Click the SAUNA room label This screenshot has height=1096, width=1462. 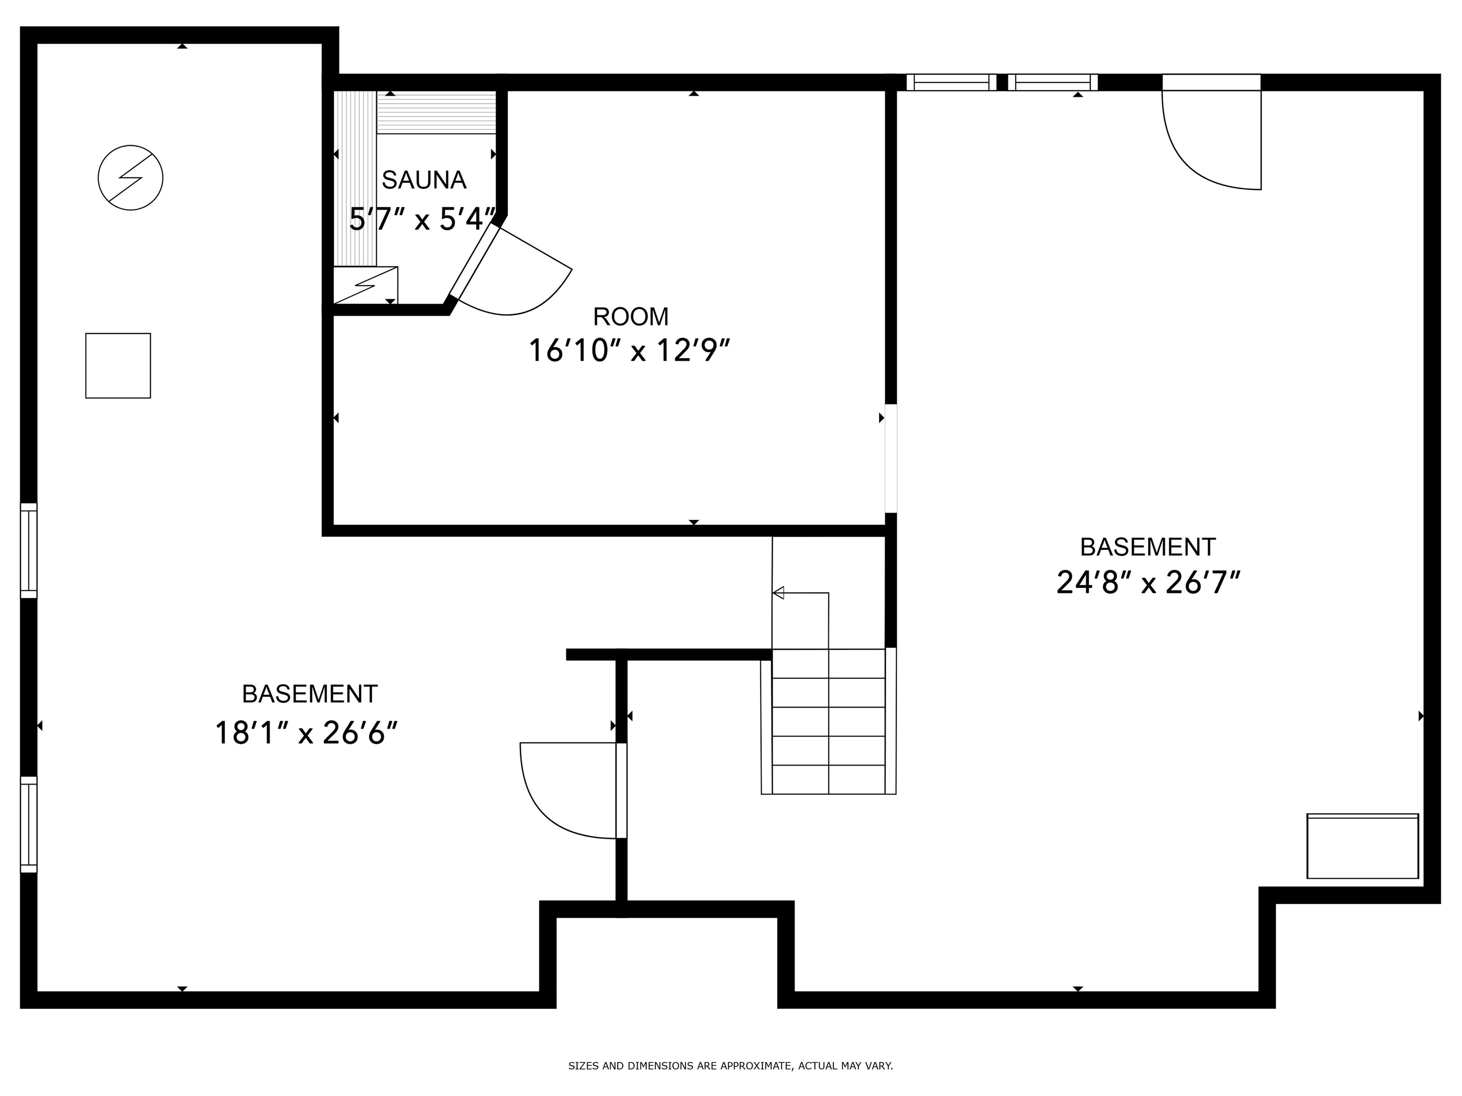tap(424, 180)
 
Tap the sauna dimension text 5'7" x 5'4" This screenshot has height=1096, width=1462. tap(422, 219)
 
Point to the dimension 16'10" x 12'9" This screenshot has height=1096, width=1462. tap(629, 350)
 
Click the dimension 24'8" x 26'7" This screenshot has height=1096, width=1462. tap(1148, 583)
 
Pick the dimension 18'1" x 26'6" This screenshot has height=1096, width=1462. tap(306, 733)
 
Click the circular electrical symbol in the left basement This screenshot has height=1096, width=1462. tap(130, 178)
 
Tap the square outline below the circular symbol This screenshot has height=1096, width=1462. tap(119, 365)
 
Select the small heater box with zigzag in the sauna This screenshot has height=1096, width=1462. tap(365, 285)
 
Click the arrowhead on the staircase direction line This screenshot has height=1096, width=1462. tap(778, 593)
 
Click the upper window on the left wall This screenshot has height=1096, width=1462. tap(29, 550)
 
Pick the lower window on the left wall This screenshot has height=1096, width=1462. tap(29, 824)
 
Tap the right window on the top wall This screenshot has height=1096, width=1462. tap(1053, 82)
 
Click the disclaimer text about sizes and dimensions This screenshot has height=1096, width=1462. tap(731, 1066)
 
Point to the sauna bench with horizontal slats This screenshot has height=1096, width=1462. tap(436, 112)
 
